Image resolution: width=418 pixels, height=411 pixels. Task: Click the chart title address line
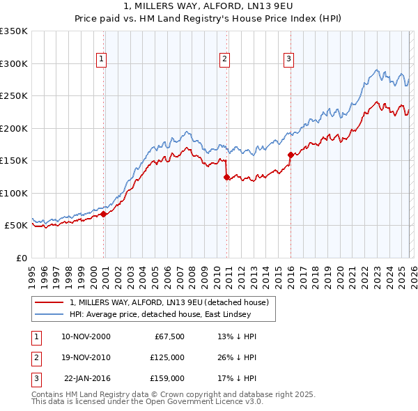coord(208,6)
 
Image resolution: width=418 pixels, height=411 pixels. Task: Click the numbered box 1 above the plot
coord(102,60)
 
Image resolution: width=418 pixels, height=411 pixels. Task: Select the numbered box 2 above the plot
coord(225,60)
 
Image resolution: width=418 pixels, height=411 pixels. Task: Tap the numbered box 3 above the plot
coord(288,60)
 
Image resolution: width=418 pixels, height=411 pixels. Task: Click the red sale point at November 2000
coord(104,215)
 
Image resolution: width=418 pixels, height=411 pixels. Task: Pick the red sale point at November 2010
coord(227,177)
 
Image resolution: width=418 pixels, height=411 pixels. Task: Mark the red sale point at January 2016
coord(291,155)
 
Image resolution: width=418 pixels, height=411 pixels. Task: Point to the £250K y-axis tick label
coord(14,96)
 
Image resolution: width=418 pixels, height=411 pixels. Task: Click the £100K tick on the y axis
coord(14,193)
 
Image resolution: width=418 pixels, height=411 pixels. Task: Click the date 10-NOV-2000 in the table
coord(86,336)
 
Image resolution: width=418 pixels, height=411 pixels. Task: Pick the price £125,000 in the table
coord(167,357)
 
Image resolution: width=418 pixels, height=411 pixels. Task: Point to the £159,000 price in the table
coord(167,378)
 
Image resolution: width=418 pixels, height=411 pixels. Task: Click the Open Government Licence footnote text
coord(147,403)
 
